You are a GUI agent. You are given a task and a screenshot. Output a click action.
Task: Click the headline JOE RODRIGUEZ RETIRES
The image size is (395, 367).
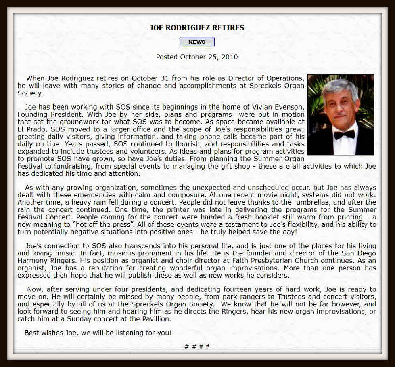click(x=196, y=28)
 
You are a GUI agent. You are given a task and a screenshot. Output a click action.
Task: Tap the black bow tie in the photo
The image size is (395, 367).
click(x=345, y=135)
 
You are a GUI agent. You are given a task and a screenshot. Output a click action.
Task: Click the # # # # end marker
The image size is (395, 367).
click(x=197, y=346)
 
